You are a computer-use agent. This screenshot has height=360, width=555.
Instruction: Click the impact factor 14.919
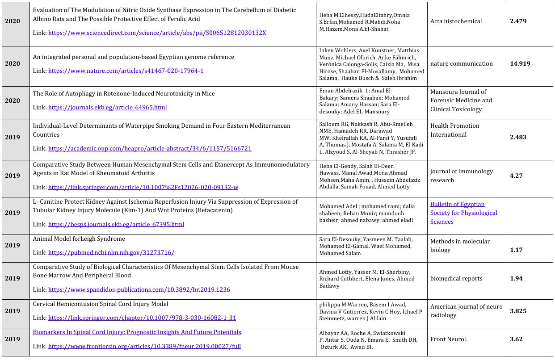point(520,64)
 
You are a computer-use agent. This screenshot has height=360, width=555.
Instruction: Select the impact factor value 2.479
point(518,21)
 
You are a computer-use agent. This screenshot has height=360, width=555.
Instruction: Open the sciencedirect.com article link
point(157,33)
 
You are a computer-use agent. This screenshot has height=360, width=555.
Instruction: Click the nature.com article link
point(126,71)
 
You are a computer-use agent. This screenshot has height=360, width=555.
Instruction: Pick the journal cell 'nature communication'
point(462,64)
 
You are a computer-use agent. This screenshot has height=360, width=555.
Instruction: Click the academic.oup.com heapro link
point(150,148)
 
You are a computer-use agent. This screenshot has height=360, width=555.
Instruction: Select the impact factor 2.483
point(518,137)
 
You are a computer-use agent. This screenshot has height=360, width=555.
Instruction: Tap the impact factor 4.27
point(516,176)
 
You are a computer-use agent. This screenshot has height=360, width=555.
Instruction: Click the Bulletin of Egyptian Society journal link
point(463,213)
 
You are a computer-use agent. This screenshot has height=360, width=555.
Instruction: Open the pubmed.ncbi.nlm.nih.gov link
point(111,252)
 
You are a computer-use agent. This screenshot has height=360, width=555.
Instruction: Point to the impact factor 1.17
point(516,250)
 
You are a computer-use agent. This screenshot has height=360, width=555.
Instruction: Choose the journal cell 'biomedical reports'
point(456,279)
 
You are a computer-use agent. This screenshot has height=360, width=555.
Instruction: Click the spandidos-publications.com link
point(139,289)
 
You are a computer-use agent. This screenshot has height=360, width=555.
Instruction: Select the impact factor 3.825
point(518,311)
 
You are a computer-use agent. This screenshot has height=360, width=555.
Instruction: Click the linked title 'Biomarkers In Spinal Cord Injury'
point(137,332)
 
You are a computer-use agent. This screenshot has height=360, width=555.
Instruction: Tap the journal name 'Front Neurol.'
point(449,339)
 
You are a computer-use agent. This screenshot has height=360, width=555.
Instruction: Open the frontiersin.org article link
point(144,346)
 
